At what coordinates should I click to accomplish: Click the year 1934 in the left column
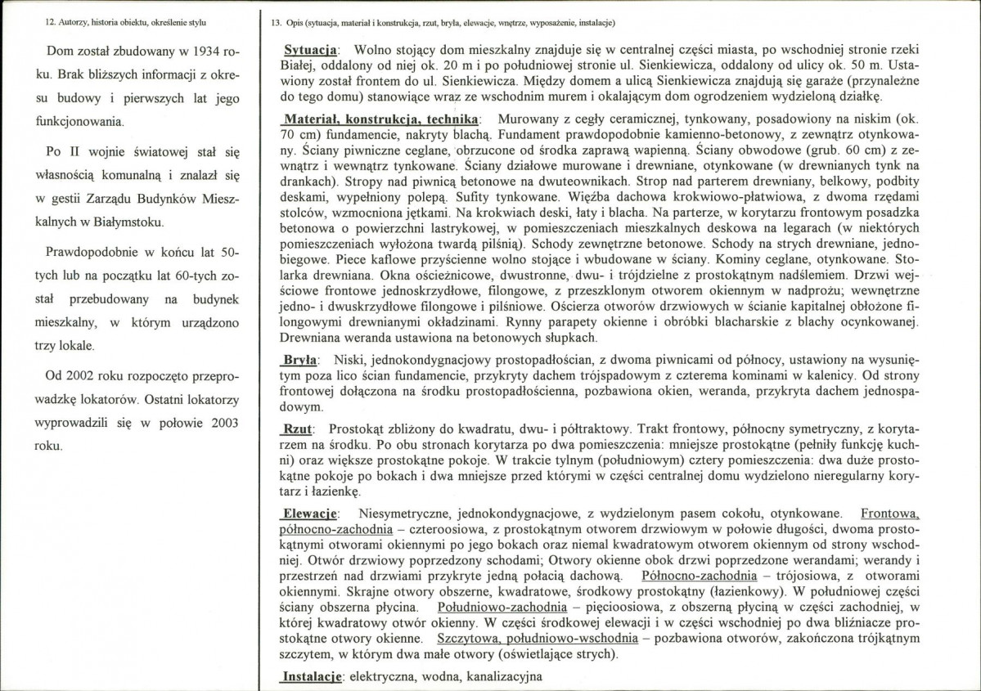(205, 52)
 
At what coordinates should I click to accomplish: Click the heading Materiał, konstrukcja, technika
(380, 118)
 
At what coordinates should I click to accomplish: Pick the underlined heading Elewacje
(308, 514)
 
